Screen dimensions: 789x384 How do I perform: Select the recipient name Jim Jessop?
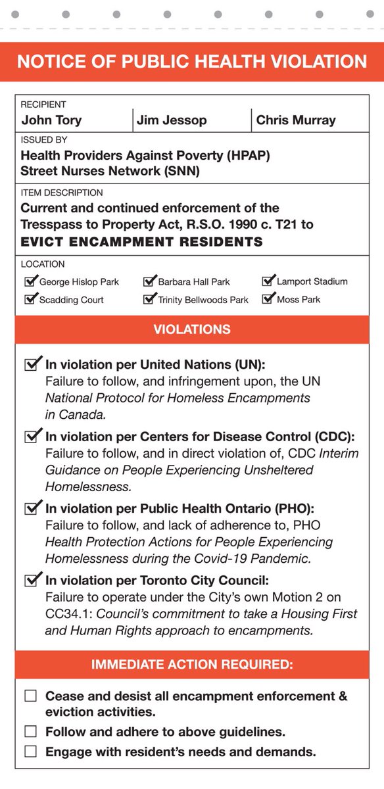tap(171, 120)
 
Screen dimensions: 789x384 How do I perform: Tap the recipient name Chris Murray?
tap(295, 120)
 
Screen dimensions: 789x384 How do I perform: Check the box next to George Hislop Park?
tap(30, 281)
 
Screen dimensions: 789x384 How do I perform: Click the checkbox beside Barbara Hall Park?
tap(149, 281)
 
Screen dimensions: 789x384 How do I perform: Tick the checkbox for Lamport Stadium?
tap(268, 281)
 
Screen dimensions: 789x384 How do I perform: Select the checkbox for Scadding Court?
tap(30, 299)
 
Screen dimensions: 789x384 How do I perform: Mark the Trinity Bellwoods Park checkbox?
tap(149, 299)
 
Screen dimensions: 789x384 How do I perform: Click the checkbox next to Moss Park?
tap(268, 299)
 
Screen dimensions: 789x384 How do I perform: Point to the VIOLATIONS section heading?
tap(192, 329)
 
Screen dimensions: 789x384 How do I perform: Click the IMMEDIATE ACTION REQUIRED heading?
tap(192, 664)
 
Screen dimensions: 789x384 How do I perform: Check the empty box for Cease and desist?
tap(30, 696)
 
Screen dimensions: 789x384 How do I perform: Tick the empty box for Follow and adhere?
tap(30, 732)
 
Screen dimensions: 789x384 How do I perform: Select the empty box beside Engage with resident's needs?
tap(30, 752)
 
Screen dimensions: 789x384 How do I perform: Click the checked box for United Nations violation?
tap(32, 364)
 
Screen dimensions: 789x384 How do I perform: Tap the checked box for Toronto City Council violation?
tap(32, 581)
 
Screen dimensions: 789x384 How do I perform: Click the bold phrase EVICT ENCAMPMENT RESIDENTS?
tap(141, 242)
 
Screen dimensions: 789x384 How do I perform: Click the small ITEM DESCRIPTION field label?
tap(62, 193)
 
